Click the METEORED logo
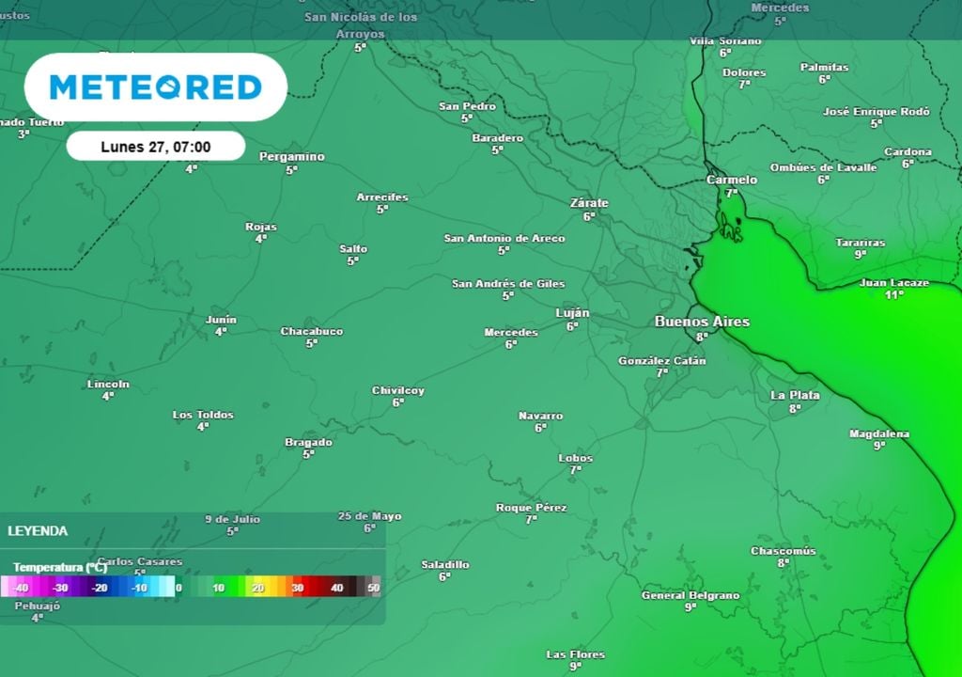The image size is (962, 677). (155, 87)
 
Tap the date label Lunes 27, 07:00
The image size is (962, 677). (156, 147)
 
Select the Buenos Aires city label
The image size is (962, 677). (702, 322)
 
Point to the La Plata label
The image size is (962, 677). (795, 395)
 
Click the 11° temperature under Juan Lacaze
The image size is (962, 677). (893, 294)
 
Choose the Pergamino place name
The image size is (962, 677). (292, 157)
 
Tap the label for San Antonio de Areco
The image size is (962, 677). (504, 239)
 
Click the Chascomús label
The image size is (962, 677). (784, 551)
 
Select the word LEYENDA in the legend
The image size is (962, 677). (38, 531)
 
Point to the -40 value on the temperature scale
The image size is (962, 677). (22, 588)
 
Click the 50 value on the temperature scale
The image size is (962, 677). (373, 588)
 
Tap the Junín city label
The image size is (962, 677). (221, 320)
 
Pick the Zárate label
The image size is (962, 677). (589, 203)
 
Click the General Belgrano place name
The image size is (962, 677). (690, 595)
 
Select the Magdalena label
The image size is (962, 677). (879, 433)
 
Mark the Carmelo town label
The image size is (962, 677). (732, 180)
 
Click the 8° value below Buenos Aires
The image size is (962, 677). (701, 337)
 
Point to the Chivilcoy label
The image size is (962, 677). (398, 390)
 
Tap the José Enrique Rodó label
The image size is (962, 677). (877, 111)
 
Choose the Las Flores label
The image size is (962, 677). (576, 654)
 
